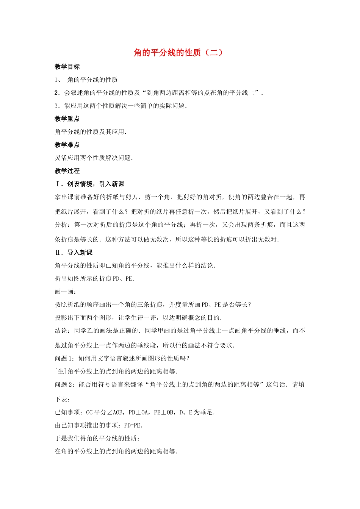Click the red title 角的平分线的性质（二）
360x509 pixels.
coord(178,53)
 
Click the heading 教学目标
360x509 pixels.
coord(67,67)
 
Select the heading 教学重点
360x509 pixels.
coord(67,119)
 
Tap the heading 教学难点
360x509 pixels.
coord(67,145)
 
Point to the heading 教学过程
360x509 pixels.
coord(67,171)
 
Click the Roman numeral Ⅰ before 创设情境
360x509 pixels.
coord(58,184)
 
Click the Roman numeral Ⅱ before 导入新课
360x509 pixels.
coord(58,253)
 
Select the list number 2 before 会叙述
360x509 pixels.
coord(56,93)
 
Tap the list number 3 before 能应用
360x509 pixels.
coord(56,106)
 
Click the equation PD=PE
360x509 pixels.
coord(133,426)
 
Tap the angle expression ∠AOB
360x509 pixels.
coord(114,412)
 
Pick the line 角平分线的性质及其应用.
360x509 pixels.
coord(90,132)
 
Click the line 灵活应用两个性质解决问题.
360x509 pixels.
coord(93,158)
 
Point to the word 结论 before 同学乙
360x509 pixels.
coord(61,331)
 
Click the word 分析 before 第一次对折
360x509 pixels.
coord(61,225)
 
